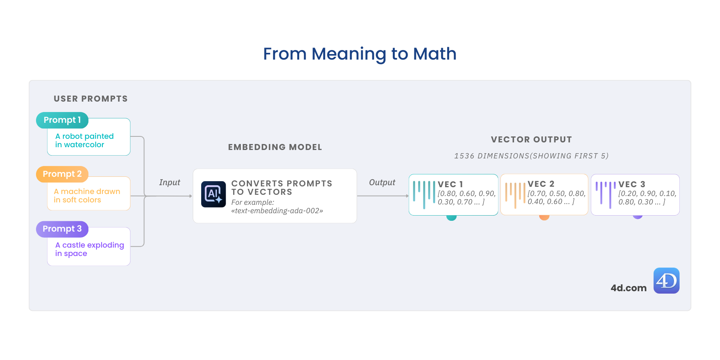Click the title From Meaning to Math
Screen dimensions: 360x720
tap(360, 54)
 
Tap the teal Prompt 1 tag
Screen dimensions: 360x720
tap(62, 120)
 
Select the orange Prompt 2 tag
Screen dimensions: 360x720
tap(62, 174)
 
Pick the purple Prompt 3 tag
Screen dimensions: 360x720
tap(62, 229)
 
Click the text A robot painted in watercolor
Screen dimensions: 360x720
tap(84, 140)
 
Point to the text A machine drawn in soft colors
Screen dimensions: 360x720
tap(87, 196)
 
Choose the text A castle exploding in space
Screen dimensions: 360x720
tap(89, 249)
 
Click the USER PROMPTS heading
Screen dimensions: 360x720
tap(91, 99)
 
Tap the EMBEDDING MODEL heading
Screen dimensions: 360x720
tap(275, 147)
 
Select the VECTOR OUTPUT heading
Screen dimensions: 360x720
tap(531, 140)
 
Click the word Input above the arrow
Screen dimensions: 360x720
tap(170, 182)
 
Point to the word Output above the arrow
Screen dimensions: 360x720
tap(382, 182)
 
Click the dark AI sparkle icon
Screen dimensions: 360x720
tap(213, 194)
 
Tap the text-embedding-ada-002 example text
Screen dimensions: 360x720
tap(277, 211)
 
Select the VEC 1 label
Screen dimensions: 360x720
tap(450, 184)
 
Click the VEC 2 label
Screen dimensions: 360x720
tap(541, 184)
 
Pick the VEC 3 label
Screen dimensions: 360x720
tap(632, 184)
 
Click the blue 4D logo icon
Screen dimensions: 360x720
tap(666, 280)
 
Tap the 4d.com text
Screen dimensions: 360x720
tap(628, 288)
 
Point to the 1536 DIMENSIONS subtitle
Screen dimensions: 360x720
tap(531, 156)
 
